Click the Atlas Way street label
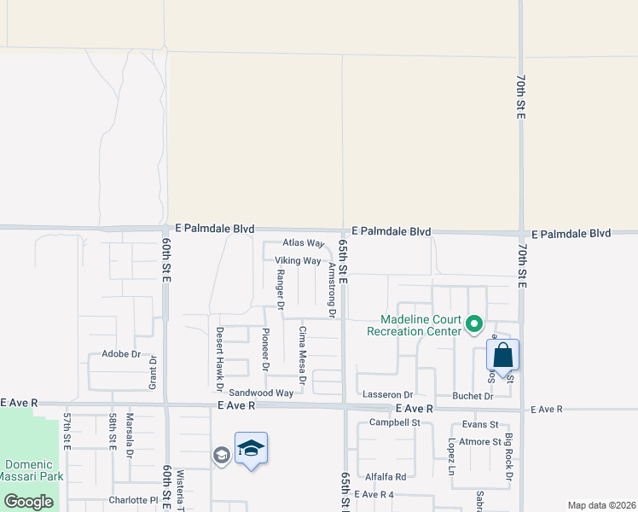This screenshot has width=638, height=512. pyautogui.click(x=304, y=243)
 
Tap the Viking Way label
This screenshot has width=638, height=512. pyautogui.click(x=298, y=260)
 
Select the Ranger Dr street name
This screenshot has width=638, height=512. pyautogui.click(x=280, y=290)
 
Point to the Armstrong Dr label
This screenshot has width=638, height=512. pyautogui.click(x=332, y=290)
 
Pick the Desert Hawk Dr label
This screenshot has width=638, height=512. pyautogui.click(x=219, y=354)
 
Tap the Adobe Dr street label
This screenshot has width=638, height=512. pyautogui.click(x=120, y=353)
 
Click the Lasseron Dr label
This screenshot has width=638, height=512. pyautogui.click(x=387, y=395)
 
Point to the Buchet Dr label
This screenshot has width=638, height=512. pyautogui.click(x=473, y=396)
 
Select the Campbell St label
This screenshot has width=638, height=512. pyautogui.click(x=395, y=422)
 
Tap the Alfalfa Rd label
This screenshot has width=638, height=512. pyautogui.click(x=386, y=477)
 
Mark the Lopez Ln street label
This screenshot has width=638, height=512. pyautogui.click(x=451, y=457)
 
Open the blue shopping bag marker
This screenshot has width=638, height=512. pyautogui.click(x=503, y=355)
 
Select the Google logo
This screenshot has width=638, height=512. pyautogui.click(x=29, y=502)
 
